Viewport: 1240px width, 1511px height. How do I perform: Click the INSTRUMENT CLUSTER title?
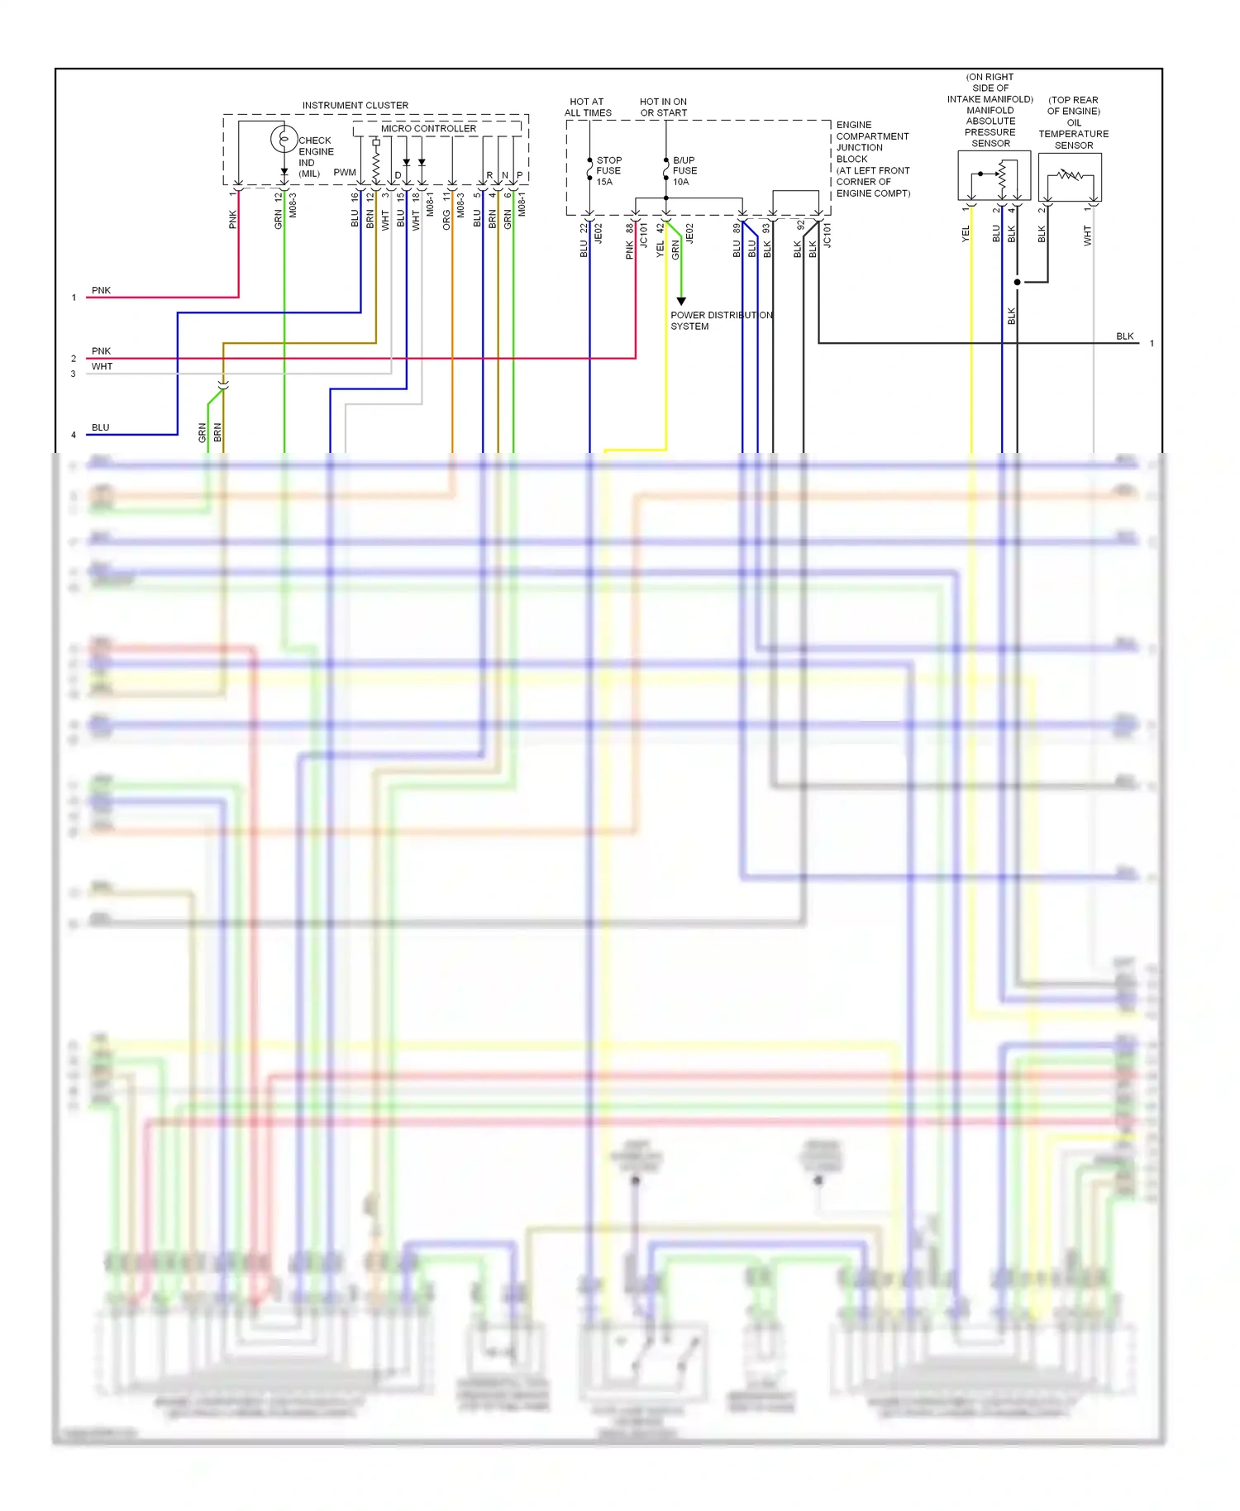(x=355, y=105)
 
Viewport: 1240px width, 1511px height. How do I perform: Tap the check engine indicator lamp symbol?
(x=284, y=139)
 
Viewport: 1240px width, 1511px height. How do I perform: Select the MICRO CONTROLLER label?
(x=428, y=128)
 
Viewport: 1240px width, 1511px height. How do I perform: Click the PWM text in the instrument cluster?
(x=345, y=173)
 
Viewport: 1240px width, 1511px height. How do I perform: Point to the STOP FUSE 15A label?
(x=608, y=171)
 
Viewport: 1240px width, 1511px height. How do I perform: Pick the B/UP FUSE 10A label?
(x=684, y=171)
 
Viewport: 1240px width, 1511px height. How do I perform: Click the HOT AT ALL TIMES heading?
(x=588, y=107)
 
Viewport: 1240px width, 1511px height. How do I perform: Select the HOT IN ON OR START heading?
(x=663, y=107)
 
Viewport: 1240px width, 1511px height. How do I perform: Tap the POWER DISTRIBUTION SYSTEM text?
(x=721, y=321)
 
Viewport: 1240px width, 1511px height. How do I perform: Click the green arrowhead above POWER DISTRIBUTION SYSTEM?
(x=681, y=302)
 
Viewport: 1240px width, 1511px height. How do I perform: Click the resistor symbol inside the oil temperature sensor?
(x=1071, y=174)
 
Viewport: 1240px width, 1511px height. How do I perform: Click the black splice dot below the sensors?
(x=1017, y=282)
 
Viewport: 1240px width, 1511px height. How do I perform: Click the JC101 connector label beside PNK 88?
(x=644, y=236)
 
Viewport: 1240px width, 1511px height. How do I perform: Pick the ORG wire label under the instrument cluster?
(x=446, y=219)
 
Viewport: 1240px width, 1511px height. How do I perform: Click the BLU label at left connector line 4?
(x=100, y=427)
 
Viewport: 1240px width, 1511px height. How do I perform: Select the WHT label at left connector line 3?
(x=102, y=366)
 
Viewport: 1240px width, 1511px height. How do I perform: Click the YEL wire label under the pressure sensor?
(x=965, y=234)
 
